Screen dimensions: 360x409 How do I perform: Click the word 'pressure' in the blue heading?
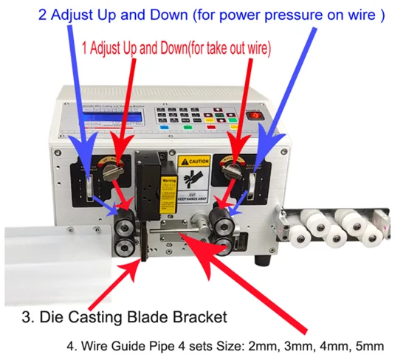click(x=276, y=15)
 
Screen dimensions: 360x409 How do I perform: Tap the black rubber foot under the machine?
click(x=262, y=260)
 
